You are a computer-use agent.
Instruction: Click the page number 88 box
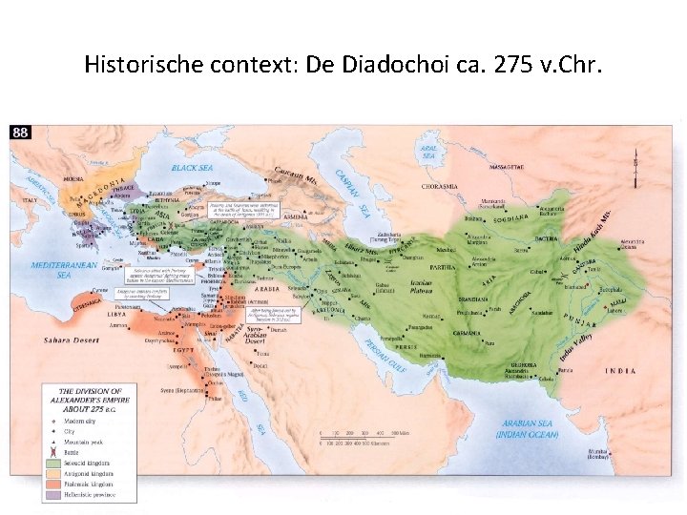point(20,133)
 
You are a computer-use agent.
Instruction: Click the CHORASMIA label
point(437,187)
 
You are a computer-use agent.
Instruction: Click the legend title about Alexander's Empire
point(89,400)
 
